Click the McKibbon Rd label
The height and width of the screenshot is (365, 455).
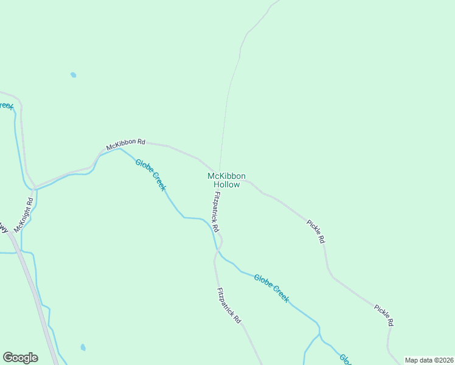tap(126, 145)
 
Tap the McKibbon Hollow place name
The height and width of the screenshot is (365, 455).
tap(226, 180)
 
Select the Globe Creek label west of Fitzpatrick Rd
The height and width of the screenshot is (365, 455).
tap(150, 175)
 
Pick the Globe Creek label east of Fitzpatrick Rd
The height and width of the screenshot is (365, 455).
tap(271, 288)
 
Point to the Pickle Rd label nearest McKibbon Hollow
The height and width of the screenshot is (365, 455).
tap(316, 232)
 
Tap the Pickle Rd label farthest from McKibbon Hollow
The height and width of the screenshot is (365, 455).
tap(384, 315)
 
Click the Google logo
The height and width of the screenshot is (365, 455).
tap(20, 358)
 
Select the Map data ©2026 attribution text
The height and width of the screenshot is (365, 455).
tap(429, 360)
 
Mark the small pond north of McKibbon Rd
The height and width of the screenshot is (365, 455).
tap(73, 75)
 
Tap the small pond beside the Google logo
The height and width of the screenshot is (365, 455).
tap(83, 348)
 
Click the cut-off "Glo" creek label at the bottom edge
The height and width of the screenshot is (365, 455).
tap(345, 359)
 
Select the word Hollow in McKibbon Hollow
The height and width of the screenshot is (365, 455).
tap(226, 184)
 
